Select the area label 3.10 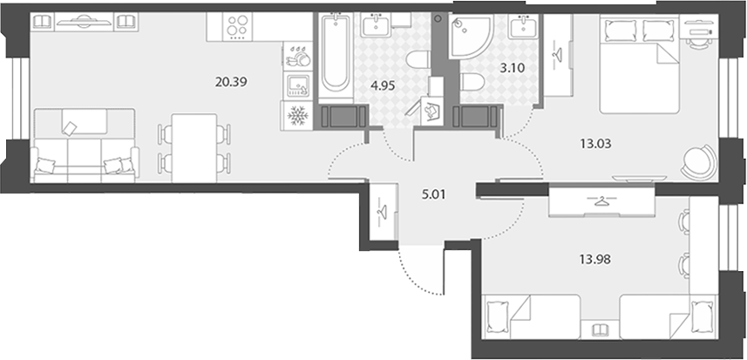pyautogui.click(x=513, y=68)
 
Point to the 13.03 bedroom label pyautogui.click(x=595, y=143)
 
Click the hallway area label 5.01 pyautogui.click(x=433, y=194)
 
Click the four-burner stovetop pyautogui.click(x=237, y=27)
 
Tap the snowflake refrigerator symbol pyautogui.click(x=297, y=116)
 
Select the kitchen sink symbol pyautogui.click(x=298, y=85)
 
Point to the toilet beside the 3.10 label pyautogui.click(x=472, y=82)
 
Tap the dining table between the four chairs pyautogui.click(x=194, y=147)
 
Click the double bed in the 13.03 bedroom pyautogui.click(x=639, y=64)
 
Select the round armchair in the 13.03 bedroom pyautogui.click(x=699, y=162)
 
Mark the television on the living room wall pyautogui.click(x=84, y=22)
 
